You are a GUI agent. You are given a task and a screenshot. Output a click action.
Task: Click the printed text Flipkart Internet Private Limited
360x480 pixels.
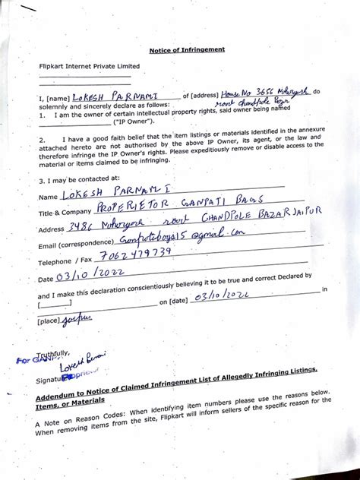click(90, 66)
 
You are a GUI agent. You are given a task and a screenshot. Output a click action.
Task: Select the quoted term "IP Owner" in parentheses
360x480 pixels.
click(134, 121)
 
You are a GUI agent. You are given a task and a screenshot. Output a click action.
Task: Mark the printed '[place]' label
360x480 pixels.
click(49, 321)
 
